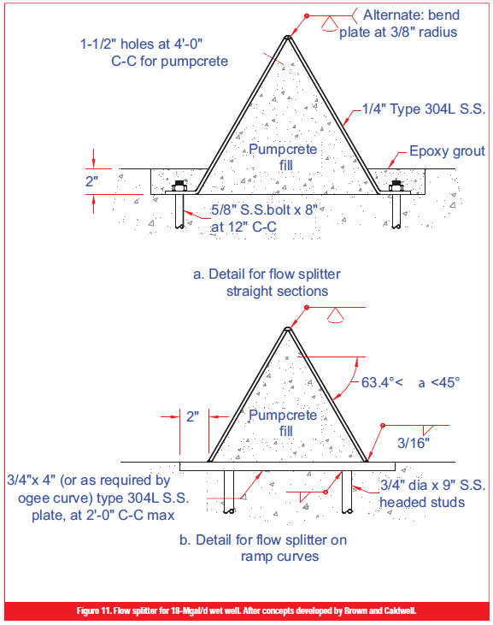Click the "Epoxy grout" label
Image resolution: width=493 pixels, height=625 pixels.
point(447,151)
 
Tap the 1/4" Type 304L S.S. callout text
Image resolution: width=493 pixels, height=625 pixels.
point(424,109)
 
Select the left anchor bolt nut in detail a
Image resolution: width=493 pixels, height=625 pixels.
point(179,186)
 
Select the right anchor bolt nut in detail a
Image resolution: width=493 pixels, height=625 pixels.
point(396,186)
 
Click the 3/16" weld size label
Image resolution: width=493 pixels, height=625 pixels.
point(414,443)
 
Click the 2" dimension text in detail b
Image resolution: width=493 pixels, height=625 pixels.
point(192,416)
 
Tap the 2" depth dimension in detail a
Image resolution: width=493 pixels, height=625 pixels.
point(91,181)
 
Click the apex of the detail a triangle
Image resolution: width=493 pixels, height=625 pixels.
point(287,37)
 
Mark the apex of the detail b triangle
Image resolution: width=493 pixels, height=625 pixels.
point(287,328)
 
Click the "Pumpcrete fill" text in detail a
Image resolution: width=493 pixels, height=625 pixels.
point(283,157)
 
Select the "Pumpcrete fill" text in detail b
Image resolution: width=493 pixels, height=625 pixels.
point(283,423)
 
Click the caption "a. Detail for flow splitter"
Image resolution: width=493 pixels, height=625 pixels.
point(267,274)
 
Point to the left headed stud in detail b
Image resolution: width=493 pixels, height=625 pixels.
point(229,492)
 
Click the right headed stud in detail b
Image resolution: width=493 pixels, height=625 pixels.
point(347,492)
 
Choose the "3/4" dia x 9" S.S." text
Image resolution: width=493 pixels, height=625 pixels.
point(432,486)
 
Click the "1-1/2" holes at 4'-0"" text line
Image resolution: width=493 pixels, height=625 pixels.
point(141,44)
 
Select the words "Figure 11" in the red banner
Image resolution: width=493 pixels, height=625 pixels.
point(94,611)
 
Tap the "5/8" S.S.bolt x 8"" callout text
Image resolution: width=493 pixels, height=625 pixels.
point(264,209)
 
